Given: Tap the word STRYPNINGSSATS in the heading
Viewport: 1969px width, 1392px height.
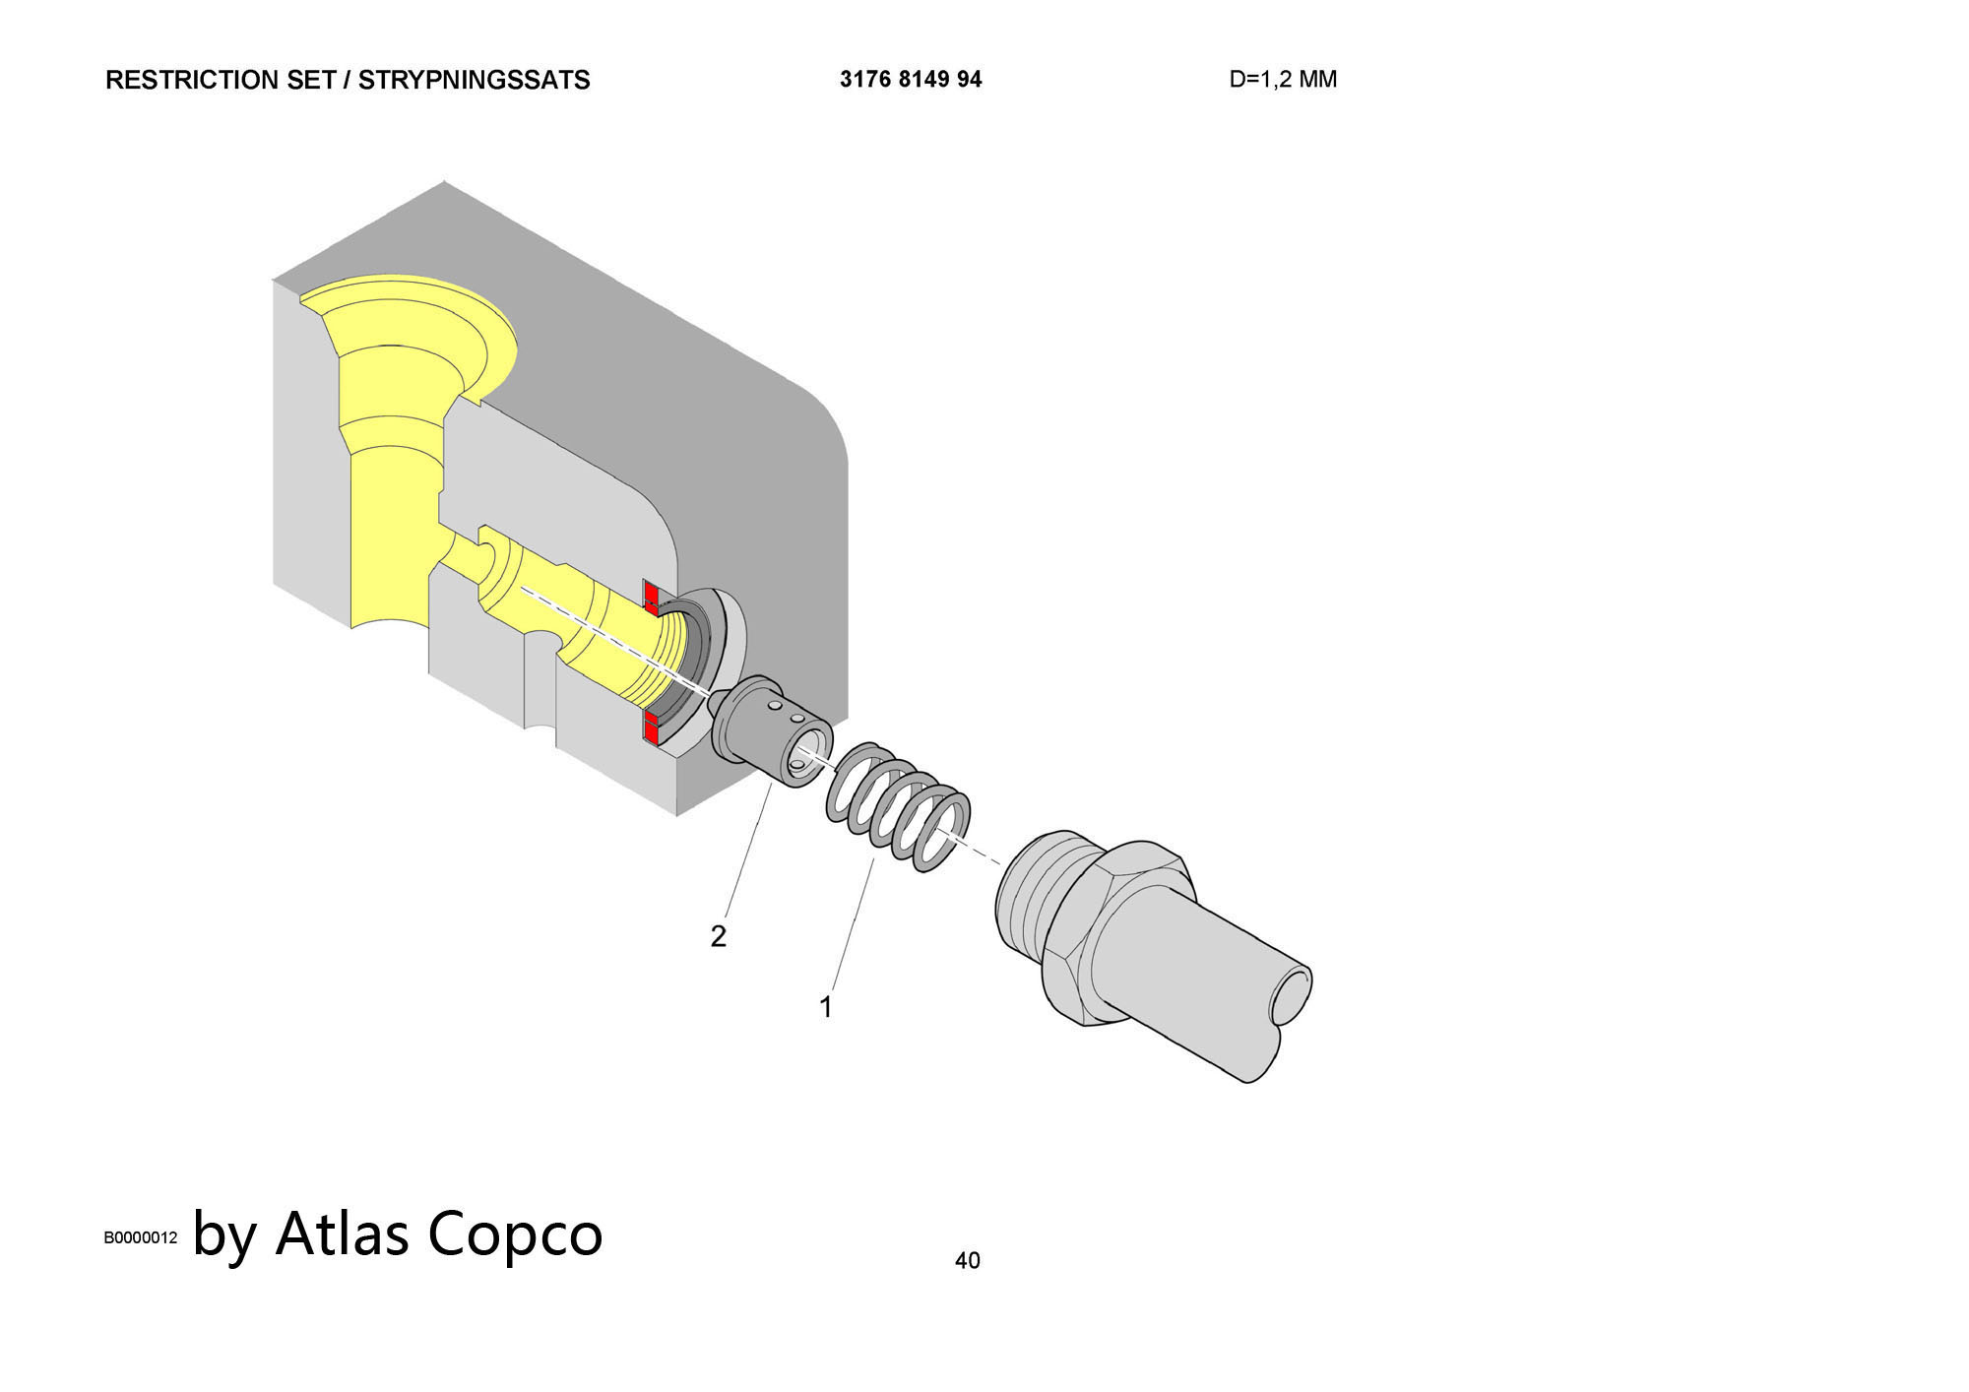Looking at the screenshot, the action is (474, 80).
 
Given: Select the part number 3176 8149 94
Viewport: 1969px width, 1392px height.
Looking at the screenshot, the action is (911, 79).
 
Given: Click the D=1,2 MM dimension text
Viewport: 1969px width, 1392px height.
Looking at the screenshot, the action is (1283, 79).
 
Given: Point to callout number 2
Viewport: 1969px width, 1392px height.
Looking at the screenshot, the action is (718, 936).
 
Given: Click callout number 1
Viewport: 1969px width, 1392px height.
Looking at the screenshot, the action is (826, 1007).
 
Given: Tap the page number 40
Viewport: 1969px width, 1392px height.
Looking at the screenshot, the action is (967, 1260).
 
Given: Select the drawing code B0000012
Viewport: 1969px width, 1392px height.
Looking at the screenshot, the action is (141, 1237).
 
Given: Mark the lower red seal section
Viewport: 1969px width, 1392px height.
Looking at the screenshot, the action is (652, 727).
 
